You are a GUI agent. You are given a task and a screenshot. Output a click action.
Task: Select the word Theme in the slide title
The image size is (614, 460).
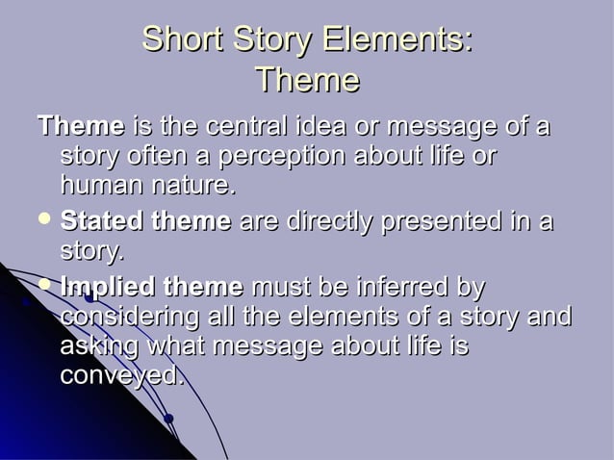[308, 80]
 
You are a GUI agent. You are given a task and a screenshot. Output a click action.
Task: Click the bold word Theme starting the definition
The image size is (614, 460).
[80, 126]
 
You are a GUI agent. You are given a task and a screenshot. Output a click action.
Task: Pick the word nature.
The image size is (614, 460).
[192, 184]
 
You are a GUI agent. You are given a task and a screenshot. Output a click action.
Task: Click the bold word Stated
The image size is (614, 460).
[99, 222]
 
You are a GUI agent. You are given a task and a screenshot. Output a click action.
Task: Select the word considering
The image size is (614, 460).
[126, 317]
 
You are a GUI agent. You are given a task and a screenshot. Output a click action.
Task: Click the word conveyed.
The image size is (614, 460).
[122, 375]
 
